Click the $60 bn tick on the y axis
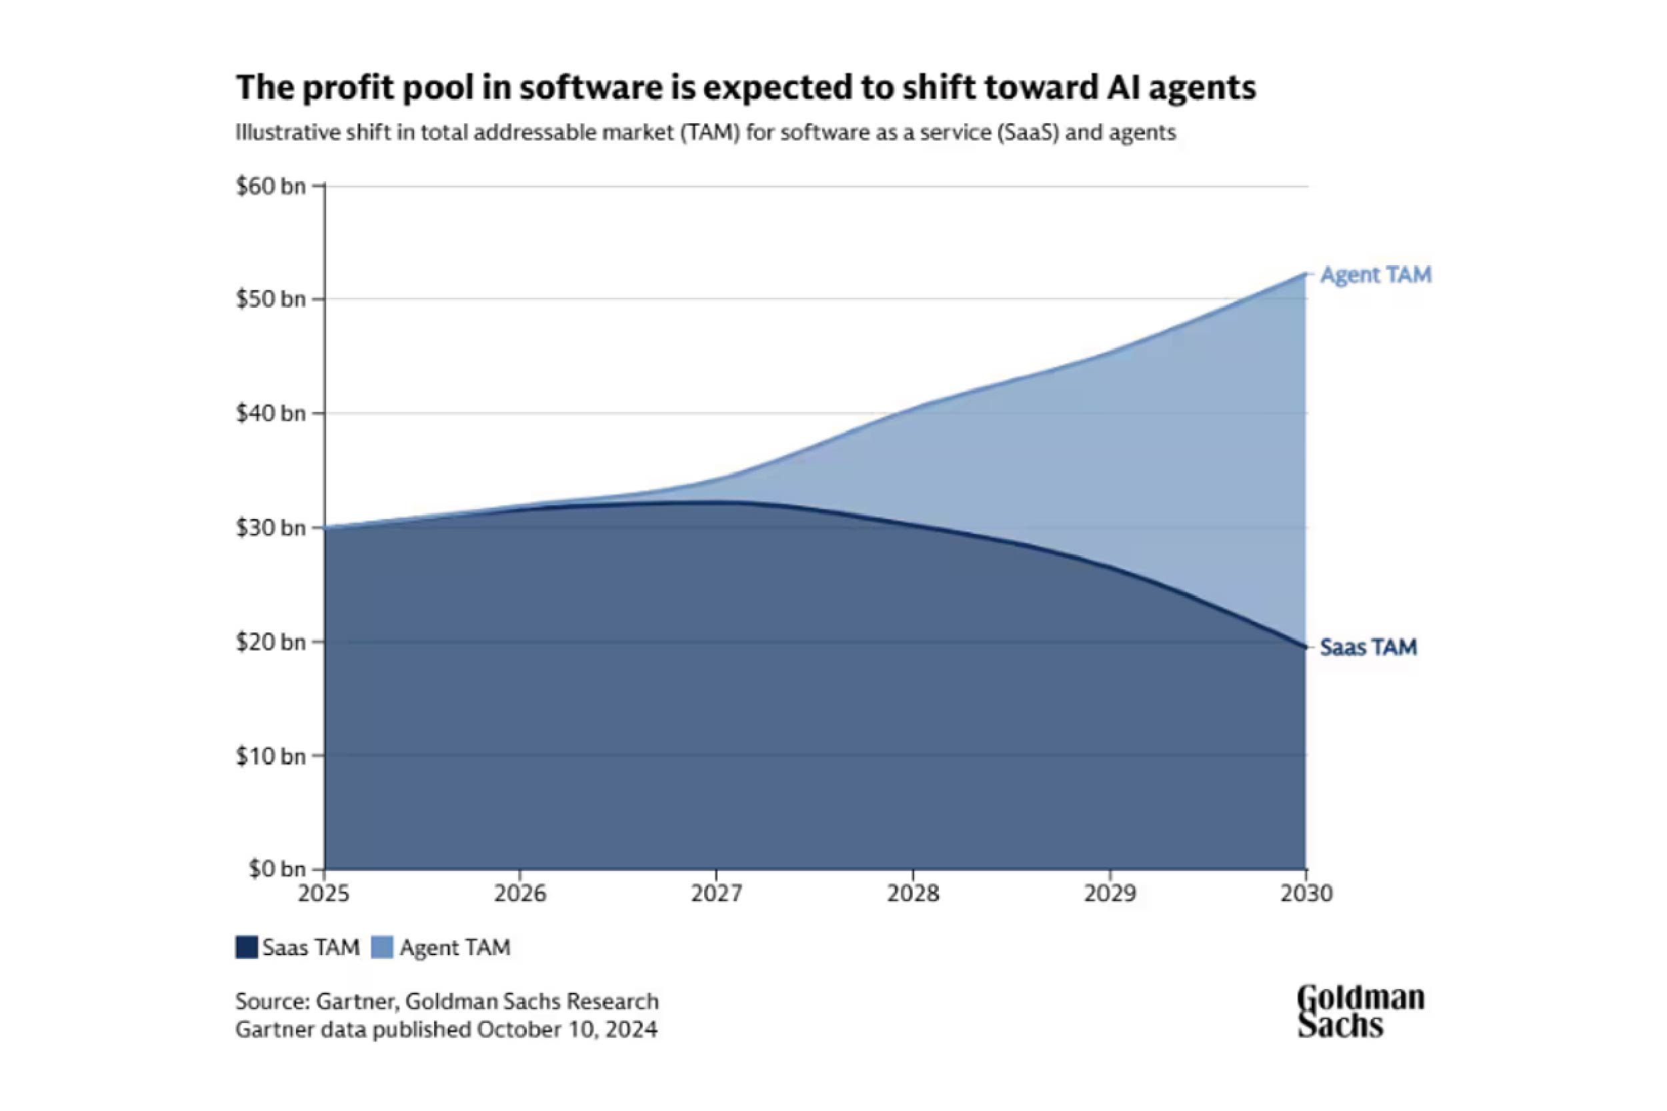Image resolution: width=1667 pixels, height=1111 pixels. tap(270, 187)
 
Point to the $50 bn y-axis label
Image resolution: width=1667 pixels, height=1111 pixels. tap(270, 299)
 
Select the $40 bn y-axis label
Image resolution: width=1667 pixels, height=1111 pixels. tap(270, 413)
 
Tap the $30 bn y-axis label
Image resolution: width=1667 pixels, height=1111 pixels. tap(270, 528)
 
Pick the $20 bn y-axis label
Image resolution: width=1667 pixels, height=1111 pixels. tap(270, 642)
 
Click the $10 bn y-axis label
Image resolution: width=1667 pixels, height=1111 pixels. tap(270, 756)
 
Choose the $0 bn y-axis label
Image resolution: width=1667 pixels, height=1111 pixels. tap(277, 868)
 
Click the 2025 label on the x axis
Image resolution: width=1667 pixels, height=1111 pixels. tap(324, 894)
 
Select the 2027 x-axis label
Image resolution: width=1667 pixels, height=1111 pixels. tap(717, 894)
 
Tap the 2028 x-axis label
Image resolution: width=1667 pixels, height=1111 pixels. tap(913, 894)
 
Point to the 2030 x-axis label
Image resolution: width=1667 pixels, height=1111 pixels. tap(1306, 894)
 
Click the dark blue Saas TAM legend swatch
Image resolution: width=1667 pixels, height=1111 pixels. tap(246, 947)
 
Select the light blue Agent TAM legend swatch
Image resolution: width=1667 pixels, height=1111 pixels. tap(382, 947)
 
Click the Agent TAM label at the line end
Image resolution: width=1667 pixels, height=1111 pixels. tap(1375, 275)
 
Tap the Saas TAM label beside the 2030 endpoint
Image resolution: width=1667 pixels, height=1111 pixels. tap(1368, 647)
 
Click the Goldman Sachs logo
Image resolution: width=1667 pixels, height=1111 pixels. tap(1360, 1011)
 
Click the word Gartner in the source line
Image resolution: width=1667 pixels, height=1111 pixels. tap(358, 1001)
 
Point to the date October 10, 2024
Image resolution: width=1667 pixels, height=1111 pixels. tap(567, 1029)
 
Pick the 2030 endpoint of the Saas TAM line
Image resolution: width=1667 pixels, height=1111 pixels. tap(1305, 647)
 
